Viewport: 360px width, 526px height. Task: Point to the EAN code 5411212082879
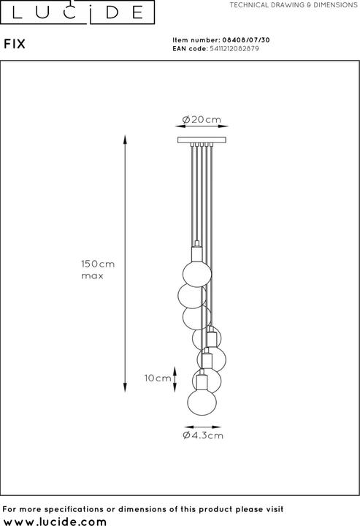tap(234, 49)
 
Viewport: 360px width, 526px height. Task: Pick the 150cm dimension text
tap(99, 264)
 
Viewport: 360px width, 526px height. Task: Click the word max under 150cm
tap(91, 276)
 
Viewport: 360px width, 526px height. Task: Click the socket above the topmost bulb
tap(196, 254)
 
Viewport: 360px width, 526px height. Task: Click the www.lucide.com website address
tap(55, 519)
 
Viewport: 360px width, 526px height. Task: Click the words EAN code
tap(187, 49)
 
